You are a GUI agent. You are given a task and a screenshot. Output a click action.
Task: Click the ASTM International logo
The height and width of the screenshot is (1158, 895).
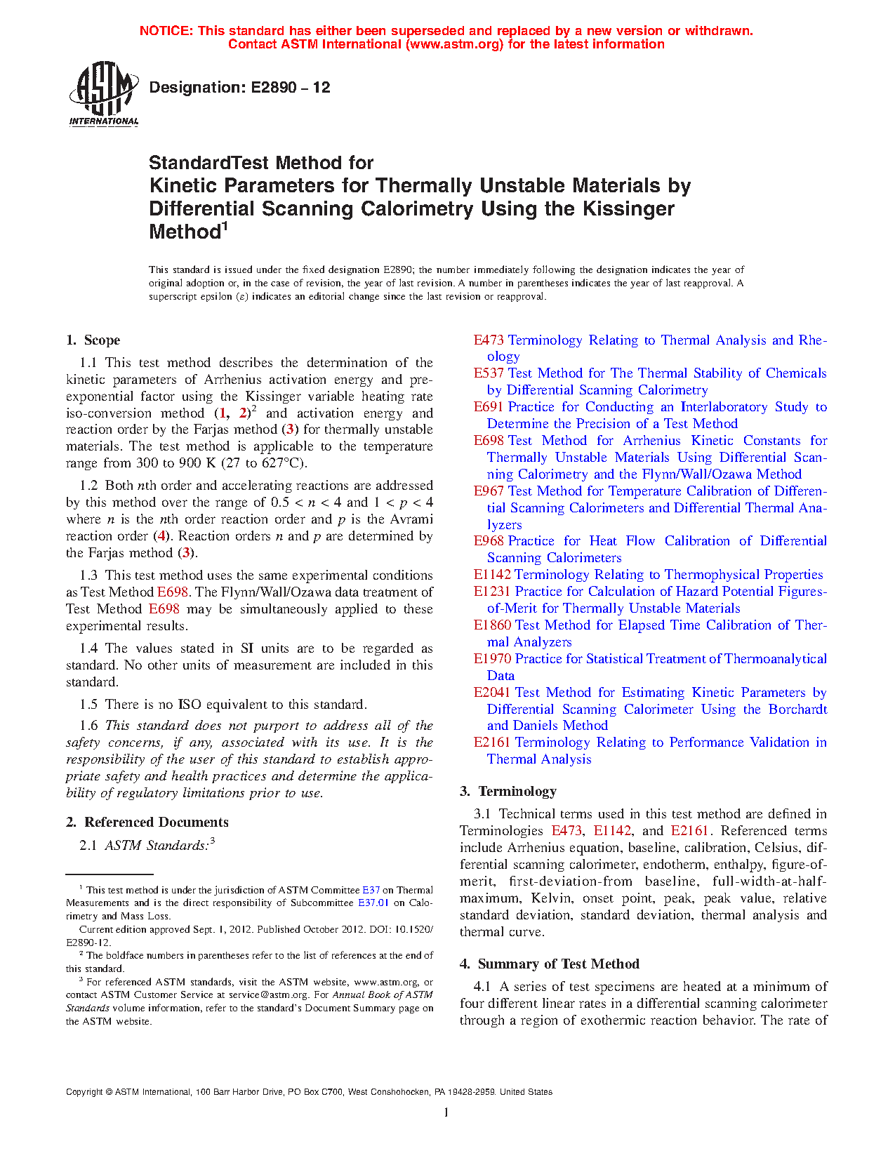[x=103, y=93]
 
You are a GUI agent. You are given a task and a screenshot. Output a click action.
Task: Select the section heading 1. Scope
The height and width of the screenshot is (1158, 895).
[x=93, y=340]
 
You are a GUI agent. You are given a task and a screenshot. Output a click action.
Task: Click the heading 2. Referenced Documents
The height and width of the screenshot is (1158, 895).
[x=147, y=823]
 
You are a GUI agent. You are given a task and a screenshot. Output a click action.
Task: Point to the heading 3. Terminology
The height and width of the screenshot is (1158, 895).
[x=508, y=792]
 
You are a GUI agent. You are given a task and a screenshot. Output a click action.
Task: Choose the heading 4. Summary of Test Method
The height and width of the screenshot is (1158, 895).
[x=550, y=964]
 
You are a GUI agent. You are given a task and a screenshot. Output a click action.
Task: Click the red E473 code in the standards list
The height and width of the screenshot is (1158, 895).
[x=489, y=340]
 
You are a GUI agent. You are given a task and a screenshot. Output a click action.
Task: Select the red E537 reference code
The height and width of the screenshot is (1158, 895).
[x=489, y=373]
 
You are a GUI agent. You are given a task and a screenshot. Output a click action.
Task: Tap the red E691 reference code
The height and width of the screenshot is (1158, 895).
[x=489, y=407]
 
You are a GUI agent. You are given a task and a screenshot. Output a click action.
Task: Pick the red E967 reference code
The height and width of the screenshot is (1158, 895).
[x=489, y=491]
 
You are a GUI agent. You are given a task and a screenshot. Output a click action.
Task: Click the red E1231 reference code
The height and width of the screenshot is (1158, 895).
[x=492, y=592]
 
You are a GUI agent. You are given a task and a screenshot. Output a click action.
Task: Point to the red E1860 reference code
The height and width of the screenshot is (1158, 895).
[x=492, y=625]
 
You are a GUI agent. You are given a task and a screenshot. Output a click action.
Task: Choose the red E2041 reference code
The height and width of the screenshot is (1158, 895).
[x=492, y=693]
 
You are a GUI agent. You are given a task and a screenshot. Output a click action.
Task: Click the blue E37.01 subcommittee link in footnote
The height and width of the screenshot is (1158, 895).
[x=373, y=903]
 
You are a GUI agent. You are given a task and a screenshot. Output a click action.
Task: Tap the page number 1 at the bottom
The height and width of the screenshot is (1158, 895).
[x=446, y=1112]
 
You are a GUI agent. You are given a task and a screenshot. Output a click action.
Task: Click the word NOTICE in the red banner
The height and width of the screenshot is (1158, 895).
[x=166, y=31]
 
